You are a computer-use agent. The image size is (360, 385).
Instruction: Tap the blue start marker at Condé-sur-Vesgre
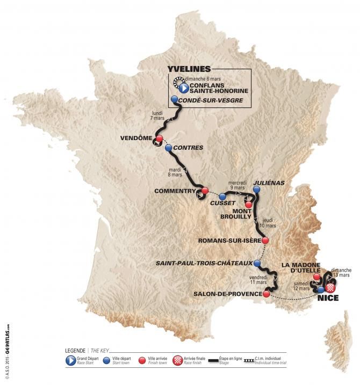(174, 100)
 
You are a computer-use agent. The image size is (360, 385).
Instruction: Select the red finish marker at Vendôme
(159, 139)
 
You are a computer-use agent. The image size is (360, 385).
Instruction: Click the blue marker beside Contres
(169, 147)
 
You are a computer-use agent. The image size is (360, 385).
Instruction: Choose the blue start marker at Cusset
(222, 196)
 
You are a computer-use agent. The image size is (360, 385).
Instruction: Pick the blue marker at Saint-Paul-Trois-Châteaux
(257, 264)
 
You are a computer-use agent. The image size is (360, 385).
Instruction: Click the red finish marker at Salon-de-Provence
(266, 294)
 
